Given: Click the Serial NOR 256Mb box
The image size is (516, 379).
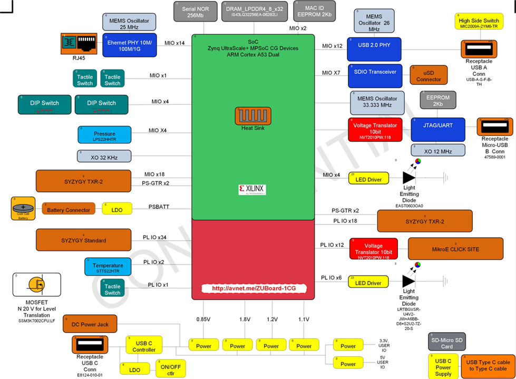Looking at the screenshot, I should click(x=195, y=11).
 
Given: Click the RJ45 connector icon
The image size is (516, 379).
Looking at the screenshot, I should click(x=80, y=43).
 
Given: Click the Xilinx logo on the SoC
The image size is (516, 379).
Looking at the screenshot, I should click(x=252, y=189).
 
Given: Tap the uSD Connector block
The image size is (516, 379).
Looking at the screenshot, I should click(x=429, y=75).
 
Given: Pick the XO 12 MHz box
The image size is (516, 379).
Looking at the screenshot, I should click(x=437, y=151).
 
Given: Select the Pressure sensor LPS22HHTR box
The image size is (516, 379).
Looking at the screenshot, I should click(x=104, y=135).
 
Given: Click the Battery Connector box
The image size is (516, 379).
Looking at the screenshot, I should click(x=69, y=210).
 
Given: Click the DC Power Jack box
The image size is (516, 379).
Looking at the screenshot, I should click(x=90, y=324).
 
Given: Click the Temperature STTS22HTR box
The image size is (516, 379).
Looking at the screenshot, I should click(x=108, y=267).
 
